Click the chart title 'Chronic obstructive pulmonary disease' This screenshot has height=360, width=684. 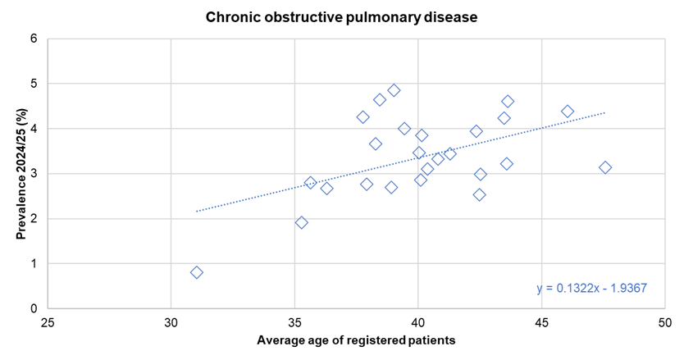[x=341, y=16]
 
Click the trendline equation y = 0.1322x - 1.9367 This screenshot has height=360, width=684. [x=592, y=289]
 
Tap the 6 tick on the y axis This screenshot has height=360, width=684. [x=34, y=39]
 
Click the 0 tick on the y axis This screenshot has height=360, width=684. [x=34, y=309]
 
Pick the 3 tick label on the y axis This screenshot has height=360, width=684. [x=34, y=174]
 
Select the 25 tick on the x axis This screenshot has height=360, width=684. [x=48, y=323]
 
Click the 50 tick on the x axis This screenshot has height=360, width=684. [x=664, y=323]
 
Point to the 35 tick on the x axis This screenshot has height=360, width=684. [x=294, y=323]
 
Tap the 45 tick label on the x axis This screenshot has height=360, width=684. [x=541, y=323]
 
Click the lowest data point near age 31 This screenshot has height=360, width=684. [x=197, y=272]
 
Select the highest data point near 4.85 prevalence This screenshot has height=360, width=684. [x=394, y=90]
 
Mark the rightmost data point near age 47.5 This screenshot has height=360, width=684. [x=605, y=167]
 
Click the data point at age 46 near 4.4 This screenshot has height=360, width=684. [x=568, y=112]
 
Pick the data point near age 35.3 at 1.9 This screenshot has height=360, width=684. [x=302, y=222]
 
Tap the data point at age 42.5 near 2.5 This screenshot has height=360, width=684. [x=479, y=194]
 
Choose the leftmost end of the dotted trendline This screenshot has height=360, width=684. [x=197, y=212]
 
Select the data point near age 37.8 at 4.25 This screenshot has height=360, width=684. [x=363, y=117]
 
